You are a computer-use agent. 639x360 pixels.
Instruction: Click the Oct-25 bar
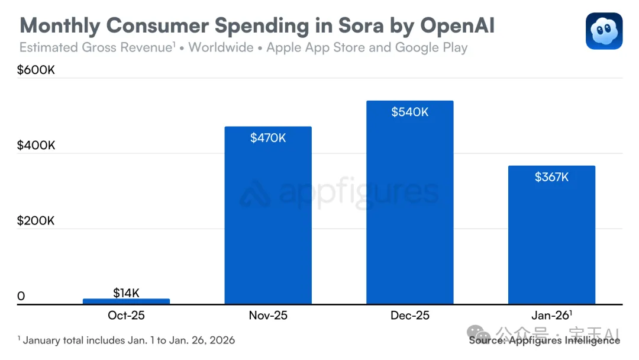pos(126,301)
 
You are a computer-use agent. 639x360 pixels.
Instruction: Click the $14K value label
pos(126,292)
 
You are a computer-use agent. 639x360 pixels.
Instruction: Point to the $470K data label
pos(268,138)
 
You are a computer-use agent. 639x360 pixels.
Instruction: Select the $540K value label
pos(410,112)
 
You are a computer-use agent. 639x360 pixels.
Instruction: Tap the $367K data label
pos(551,176)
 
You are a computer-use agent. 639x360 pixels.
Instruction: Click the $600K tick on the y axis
pos(35,70)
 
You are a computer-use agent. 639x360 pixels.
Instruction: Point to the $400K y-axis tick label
pos(35,145)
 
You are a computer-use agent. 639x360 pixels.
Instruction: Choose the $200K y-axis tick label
pos(35,221)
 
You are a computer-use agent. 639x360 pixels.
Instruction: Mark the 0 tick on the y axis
pos(21,296)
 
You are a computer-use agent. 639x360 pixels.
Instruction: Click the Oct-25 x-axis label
pos(126,316)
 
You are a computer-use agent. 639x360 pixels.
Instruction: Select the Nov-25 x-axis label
pos(268,316)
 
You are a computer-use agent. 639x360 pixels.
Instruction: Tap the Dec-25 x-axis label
pos(410,316)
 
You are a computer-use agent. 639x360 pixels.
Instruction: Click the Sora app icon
pos(604,31)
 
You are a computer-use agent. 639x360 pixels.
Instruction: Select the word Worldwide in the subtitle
pos(222,47)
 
